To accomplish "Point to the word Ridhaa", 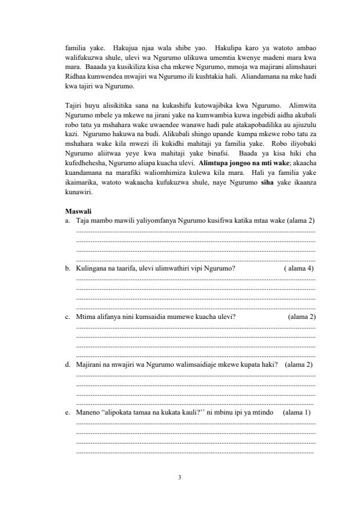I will pos(75,79).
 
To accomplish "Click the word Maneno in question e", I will pos(87,413).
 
